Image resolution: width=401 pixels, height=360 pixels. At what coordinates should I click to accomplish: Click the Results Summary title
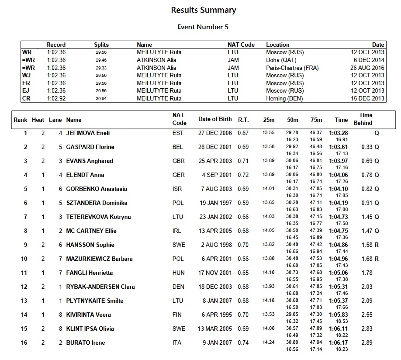(203, 10)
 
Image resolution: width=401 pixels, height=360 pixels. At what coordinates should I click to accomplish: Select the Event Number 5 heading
(203, 27)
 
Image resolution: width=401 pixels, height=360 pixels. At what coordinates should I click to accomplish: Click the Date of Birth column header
(215, 119)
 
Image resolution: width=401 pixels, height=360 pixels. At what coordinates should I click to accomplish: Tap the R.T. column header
(243, 119)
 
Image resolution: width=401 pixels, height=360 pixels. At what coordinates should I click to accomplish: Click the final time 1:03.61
(338, 147)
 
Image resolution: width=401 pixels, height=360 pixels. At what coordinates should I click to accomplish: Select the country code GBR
(178, 161)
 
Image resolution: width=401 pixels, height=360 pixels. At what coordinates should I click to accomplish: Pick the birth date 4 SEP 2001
(215, 175)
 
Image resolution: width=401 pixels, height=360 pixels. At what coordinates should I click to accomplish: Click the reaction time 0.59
(243, 203)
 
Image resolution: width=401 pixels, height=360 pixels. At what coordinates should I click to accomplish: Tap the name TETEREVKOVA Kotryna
(98, 217)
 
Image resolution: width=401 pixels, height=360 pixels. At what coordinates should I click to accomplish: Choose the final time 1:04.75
(338, 231)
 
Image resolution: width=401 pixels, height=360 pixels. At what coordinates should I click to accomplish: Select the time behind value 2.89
(367, 343)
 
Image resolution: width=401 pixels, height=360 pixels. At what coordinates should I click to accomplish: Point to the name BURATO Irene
(86, 343)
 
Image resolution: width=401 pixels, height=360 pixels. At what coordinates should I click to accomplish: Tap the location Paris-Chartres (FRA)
(292, 68)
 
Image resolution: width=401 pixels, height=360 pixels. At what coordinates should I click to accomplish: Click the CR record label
(26, 98)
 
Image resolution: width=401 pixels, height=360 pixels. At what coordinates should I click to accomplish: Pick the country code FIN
(177, 315)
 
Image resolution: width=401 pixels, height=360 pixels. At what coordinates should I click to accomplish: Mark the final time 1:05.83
(338, 315)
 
